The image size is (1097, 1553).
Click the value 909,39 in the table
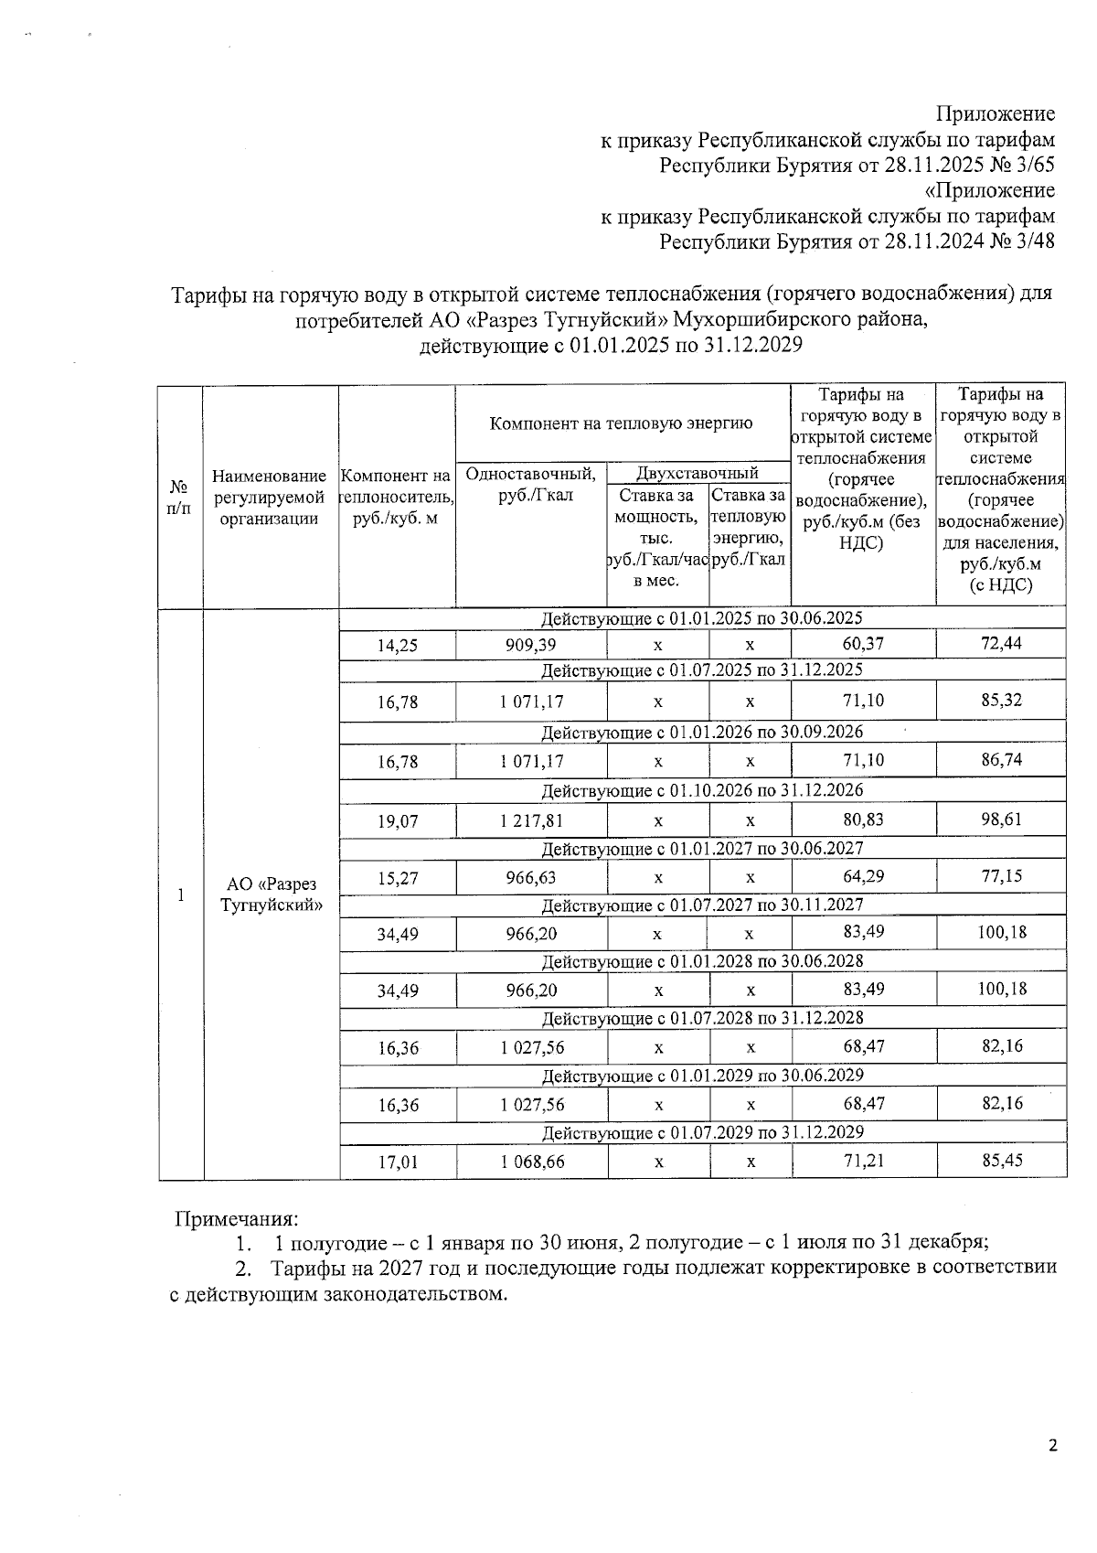pyautogui.click(x=530, y=645)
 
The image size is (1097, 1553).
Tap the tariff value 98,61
pyautogui.click(x=1001, y=819)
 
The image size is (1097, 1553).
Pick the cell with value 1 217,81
pyautogui.click(x=531, y=820)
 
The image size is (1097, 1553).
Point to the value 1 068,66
pyautogui.click(x=532, y=1162)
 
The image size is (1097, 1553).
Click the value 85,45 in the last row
pyautogui.click(x=1002, y=1161)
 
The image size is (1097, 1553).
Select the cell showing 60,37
pyautogui.click(x=863, y=644)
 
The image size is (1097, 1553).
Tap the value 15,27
pyautogui.click(x=398, y=879)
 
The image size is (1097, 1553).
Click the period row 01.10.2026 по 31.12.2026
pyautogui.click(x=702, y=789)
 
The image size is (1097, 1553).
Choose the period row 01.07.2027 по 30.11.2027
pyautogui.click(x=702, y=905)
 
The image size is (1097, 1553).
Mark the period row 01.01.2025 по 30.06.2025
pyautogui.click(x=702, y=618)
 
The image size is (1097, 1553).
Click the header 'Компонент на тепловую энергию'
pyautogui.click(x=622, y=423)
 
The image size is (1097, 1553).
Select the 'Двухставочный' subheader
pyautogui.click(x=698, y=473)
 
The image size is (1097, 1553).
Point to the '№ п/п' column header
pyautogui.click(x=180, y=498)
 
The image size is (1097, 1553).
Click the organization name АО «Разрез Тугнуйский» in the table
pyautogui.click(x=271, y=894)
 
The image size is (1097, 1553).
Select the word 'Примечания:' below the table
pyautogui.click(x=237, y=1219)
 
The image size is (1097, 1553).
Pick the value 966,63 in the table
pyautogui.click(x=531, y=878)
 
